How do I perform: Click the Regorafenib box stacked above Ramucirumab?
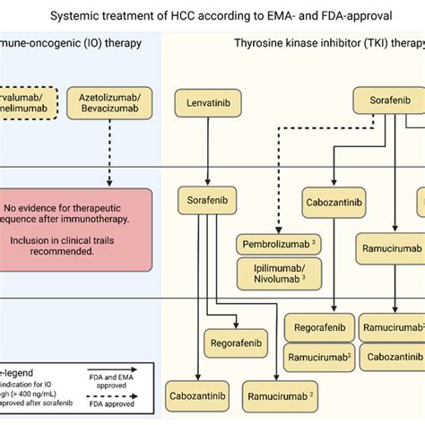(x=318, y=327)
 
